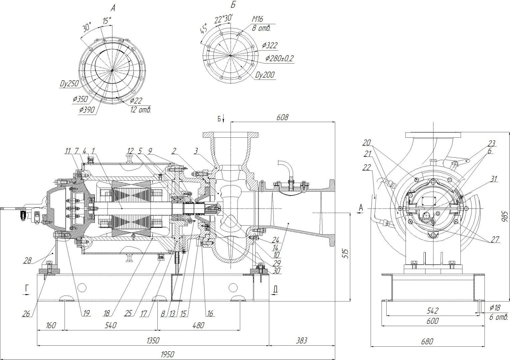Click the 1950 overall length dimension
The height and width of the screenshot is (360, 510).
tap(167, 354)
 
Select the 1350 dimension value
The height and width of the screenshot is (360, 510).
tap(153, 341)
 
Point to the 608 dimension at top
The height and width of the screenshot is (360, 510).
tap(282, 117)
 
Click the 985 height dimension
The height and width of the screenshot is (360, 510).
tap(505, 218)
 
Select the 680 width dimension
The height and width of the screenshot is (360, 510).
tap(427, 341)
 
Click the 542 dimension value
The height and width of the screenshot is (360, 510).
tap(432, 310)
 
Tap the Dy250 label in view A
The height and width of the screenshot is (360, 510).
tap(69, 83)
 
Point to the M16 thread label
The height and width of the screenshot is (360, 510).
tap(257, 20)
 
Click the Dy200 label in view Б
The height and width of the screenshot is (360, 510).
tap(265, 75)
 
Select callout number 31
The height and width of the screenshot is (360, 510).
tap(493, 179)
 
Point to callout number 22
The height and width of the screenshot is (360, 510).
tap(366, 168)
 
